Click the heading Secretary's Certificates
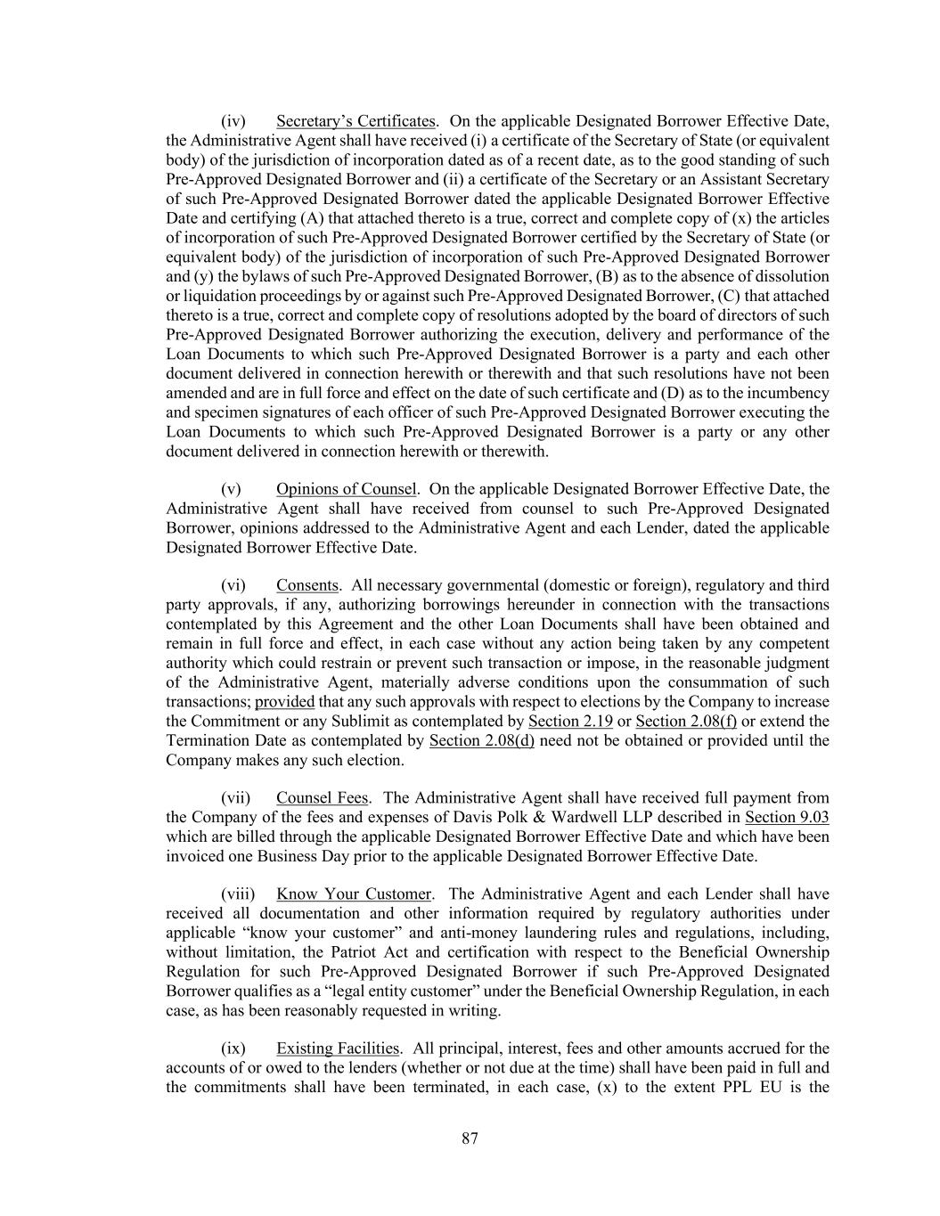coord(356,121)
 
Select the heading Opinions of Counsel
coord(346,489)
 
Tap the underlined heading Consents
coord(307,585)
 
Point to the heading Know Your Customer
coord(354,894)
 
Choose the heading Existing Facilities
coord(339,1049)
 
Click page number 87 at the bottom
coord(470,1138)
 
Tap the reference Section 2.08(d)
coord(482,741)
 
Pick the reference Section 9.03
coord(787,818)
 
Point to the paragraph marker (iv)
coord(233,121)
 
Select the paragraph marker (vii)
coord(235,798)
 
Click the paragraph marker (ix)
coord(233,1049)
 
